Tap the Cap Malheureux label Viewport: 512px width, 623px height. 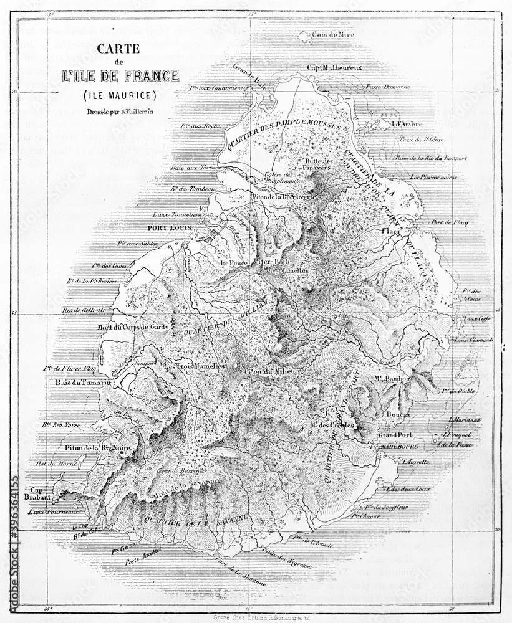tap(335, 67)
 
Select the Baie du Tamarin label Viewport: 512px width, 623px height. tap(79, 382)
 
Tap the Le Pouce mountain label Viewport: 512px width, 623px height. tap(234, 263)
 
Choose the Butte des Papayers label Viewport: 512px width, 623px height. tap(319, 165)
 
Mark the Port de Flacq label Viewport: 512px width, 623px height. tap(449, 222)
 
